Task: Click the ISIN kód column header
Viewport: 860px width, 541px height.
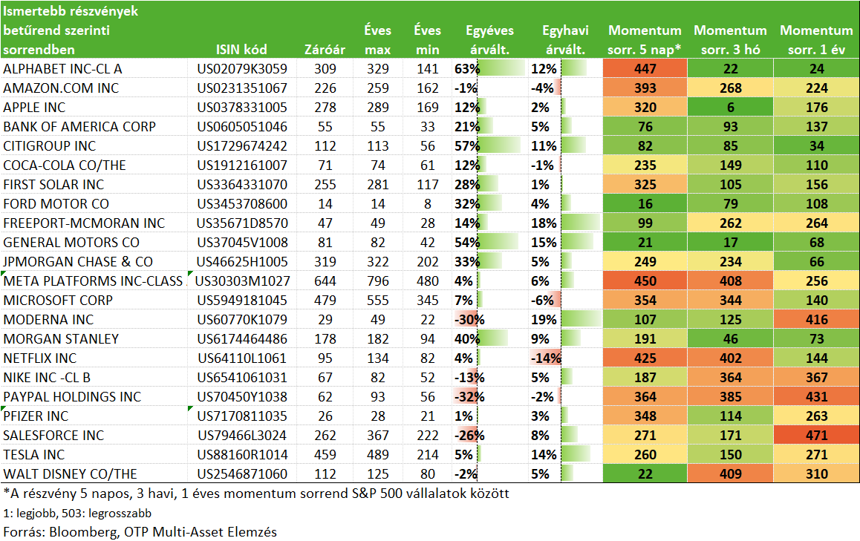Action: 241,49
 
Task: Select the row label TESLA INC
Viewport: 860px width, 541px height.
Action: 34,455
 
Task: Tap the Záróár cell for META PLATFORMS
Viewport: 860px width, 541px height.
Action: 325,281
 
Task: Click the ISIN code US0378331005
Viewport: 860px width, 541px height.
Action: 242,108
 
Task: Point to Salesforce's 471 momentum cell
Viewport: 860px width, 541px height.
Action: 817,435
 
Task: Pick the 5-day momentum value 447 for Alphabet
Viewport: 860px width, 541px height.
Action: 645,68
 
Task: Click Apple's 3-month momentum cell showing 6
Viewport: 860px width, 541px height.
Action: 731,108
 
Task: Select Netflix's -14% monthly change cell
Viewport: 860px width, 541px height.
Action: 545,358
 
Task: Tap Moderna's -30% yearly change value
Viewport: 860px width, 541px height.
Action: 469,320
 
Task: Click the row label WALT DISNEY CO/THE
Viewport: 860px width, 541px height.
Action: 71,474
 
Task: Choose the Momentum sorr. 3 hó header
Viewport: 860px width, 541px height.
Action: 731,40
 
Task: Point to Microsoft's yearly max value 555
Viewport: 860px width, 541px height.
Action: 378,301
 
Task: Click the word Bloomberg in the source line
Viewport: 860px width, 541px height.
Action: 83,531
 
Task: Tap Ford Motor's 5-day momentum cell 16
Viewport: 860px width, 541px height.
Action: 645,204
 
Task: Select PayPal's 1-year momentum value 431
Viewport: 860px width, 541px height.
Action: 817,397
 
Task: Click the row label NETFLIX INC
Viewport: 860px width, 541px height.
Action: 40,358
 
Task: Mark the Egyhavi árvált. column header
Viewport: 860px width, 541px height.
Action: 565,40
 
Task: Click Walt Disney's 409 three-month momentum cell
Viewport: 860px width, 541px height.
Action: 731,474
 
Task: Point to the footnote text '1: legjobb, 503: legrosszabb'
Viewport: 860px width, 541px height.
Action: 77,514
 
